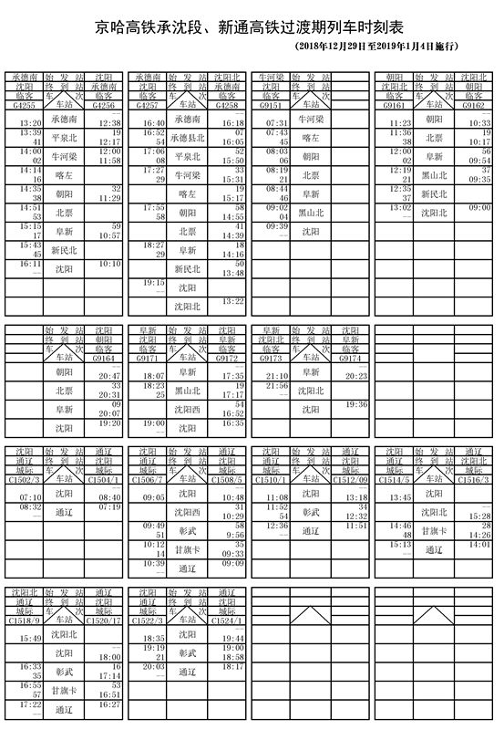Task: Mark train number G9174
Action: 355,360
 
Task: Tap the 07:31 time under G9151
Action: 277,122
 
